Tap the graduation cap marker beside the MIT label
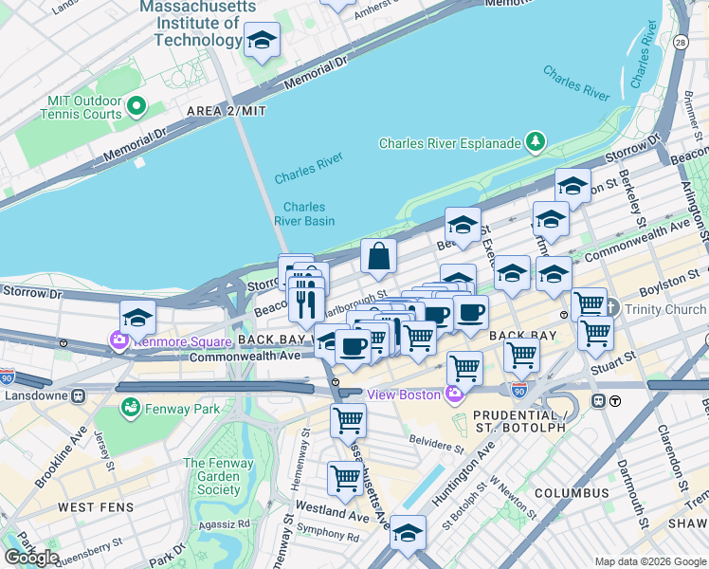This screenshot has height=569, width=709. click(x=263, y=41)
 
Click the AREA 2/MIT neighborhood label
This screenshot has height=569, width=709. click(x=227, y=111)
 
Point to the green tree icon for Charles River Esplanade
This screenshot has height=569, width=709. click(x=536, y=142)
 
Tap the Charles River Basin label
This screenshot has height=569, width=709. click(x=304, y=213)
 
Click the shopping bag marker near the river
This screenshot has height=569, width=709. click(x=378, y=256)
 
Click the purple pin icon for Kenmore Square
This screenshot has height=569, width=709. click(x=120, y=340)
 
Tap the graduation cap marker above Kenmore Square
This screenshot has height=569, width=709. click(x=137, y=317)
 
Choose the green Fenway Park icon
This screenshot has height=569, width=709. click(x=130, y=408)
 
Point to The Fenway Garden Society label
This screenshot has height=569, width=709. click(x=213, y=476)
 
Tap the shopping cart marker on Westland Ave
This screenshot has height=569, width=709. click(x=344, y=479)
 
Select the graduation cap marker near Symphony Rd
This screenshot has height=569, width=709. click(x=409, y=533)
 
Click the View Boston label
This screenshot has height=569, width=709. click(x=404, y=395)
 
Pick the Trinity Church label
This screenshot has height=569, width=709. click(x=664, y=309)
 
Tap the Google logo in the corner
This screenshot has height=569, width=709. click(x=31, y=557)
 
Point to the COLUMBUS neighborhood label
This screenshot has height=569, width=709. click(x=572, y=493)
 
